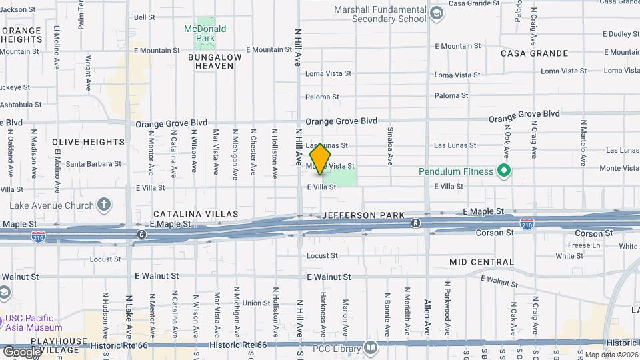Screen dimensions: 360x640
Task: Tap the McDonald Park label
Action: [x=205, y=33]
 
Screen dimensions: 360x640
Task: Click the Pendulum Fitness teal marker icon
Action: [x=504, y=171]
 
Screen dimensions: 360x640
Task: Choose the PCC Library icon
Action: [x=371, y=347]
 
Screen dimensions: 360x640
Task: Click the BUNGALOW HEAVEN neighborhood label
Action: [x=215, y=61]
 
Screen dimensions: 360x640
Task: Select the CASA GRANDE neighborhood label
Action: [x=534, y=53]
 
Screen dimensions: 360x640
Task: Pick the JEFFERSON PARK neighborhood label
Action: [x=363, y=215]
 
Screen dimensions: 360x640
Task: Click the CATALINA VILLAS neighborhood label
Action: [x=195, y=214]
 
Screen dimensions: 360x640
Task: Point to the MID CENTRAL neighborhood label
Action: [x=481, y=262]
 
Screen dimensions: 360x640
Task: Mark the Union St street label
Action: [x=256, y=303]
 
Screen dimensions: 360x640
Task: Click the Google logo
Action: [x=22, y=352]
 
